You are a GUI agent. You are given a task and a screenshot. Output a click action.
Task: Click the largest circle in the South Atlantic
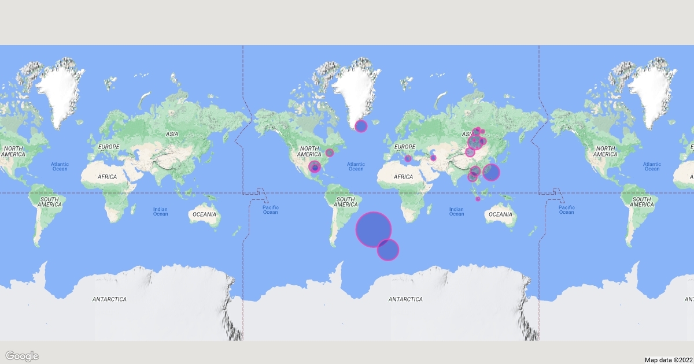tap(374, 229)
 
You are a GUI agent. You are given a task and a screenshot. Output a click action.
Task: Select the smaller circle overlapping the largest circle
tap(388, 250)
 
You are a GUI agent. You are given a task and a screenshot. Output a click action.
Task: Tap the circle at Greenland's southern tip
tap(361, 126)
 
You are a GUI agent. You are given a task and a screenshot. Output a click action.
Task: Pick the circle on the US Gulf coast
tap(315, 167)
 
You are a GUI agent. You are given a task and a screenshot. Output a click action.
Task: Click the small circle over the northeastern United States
tap(330, 153)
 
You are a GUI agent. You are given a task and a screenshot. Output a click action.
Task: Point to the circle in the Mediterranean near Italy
tap(408, 158)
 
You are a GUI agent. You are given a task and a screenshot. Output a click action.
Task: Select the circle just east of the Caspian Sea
tap(433, 158)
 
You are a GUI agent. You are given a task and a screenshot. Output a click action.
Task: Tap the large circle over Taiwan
tap(491, 172)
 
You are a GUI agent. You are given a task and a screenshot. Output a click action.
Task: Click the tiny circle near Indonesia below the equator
tap(478, 199)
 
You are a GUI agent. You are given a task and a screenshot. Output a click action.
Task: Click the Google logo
tap(22, 356)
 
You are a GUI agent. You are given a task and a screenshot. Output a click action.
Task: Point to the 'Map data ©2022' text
tap(667, 359)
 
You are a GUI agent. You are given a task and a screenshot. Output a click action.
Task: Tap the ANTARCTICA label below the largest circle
tap(405, 299)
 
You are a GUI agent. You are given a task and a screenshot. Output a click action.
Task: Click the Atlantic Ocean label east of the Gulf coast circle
tap(356, 166)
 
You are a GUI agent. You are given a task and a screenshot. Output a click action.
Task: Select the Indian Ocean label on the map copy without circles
tap(160, 211)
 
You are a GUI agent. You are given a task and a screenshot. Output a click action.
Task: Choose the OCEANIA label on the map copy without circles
tap(204, 214)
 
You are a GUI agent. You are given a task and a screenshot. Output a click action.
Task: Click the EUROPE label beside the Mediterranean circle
tap(404, 147)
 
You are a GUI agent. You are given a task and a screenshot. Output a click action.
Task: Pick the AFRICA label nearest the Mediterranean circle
tap(403, 176)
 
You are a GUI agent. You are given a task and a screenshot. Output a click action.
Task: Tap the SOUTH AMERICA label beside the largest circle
tap(345, 202)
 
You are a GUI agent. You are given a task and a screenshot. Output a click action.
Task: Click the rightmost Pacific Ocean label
tap(566, 210)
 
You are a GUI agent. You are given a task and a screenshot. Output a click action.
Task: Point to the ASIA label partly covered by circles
tap(467, 134)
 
